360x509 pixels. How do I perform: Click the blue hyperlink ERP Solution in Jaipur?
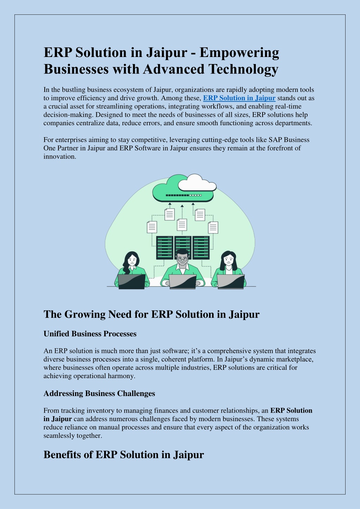tap(239, 98)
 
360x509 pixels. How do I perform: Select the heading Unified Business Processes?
tap(90, 334)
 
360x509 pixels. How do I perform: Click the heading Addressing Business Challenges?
tap(99, 393)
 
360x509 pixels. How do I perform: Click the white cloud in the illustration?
tap(197, 183)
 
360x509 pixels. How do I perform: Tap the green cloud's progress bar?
tap(184, 195)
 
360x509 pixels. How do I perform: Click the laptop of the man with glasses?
tap(183, 282)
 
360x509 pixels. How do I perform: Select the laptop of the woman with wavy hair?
tap(132, 282)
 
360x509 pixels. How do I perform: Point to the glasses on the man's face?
tap(182, 259)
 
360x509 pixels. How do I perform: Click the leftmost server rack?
tap(165, 248)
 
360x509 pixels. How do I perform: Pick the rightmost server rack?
tap(201, 248)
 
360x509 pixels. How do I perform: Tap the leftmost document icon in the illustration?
tap(152, 227)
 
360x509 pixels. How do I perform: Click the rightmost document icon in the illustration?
tap(213, 228)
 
